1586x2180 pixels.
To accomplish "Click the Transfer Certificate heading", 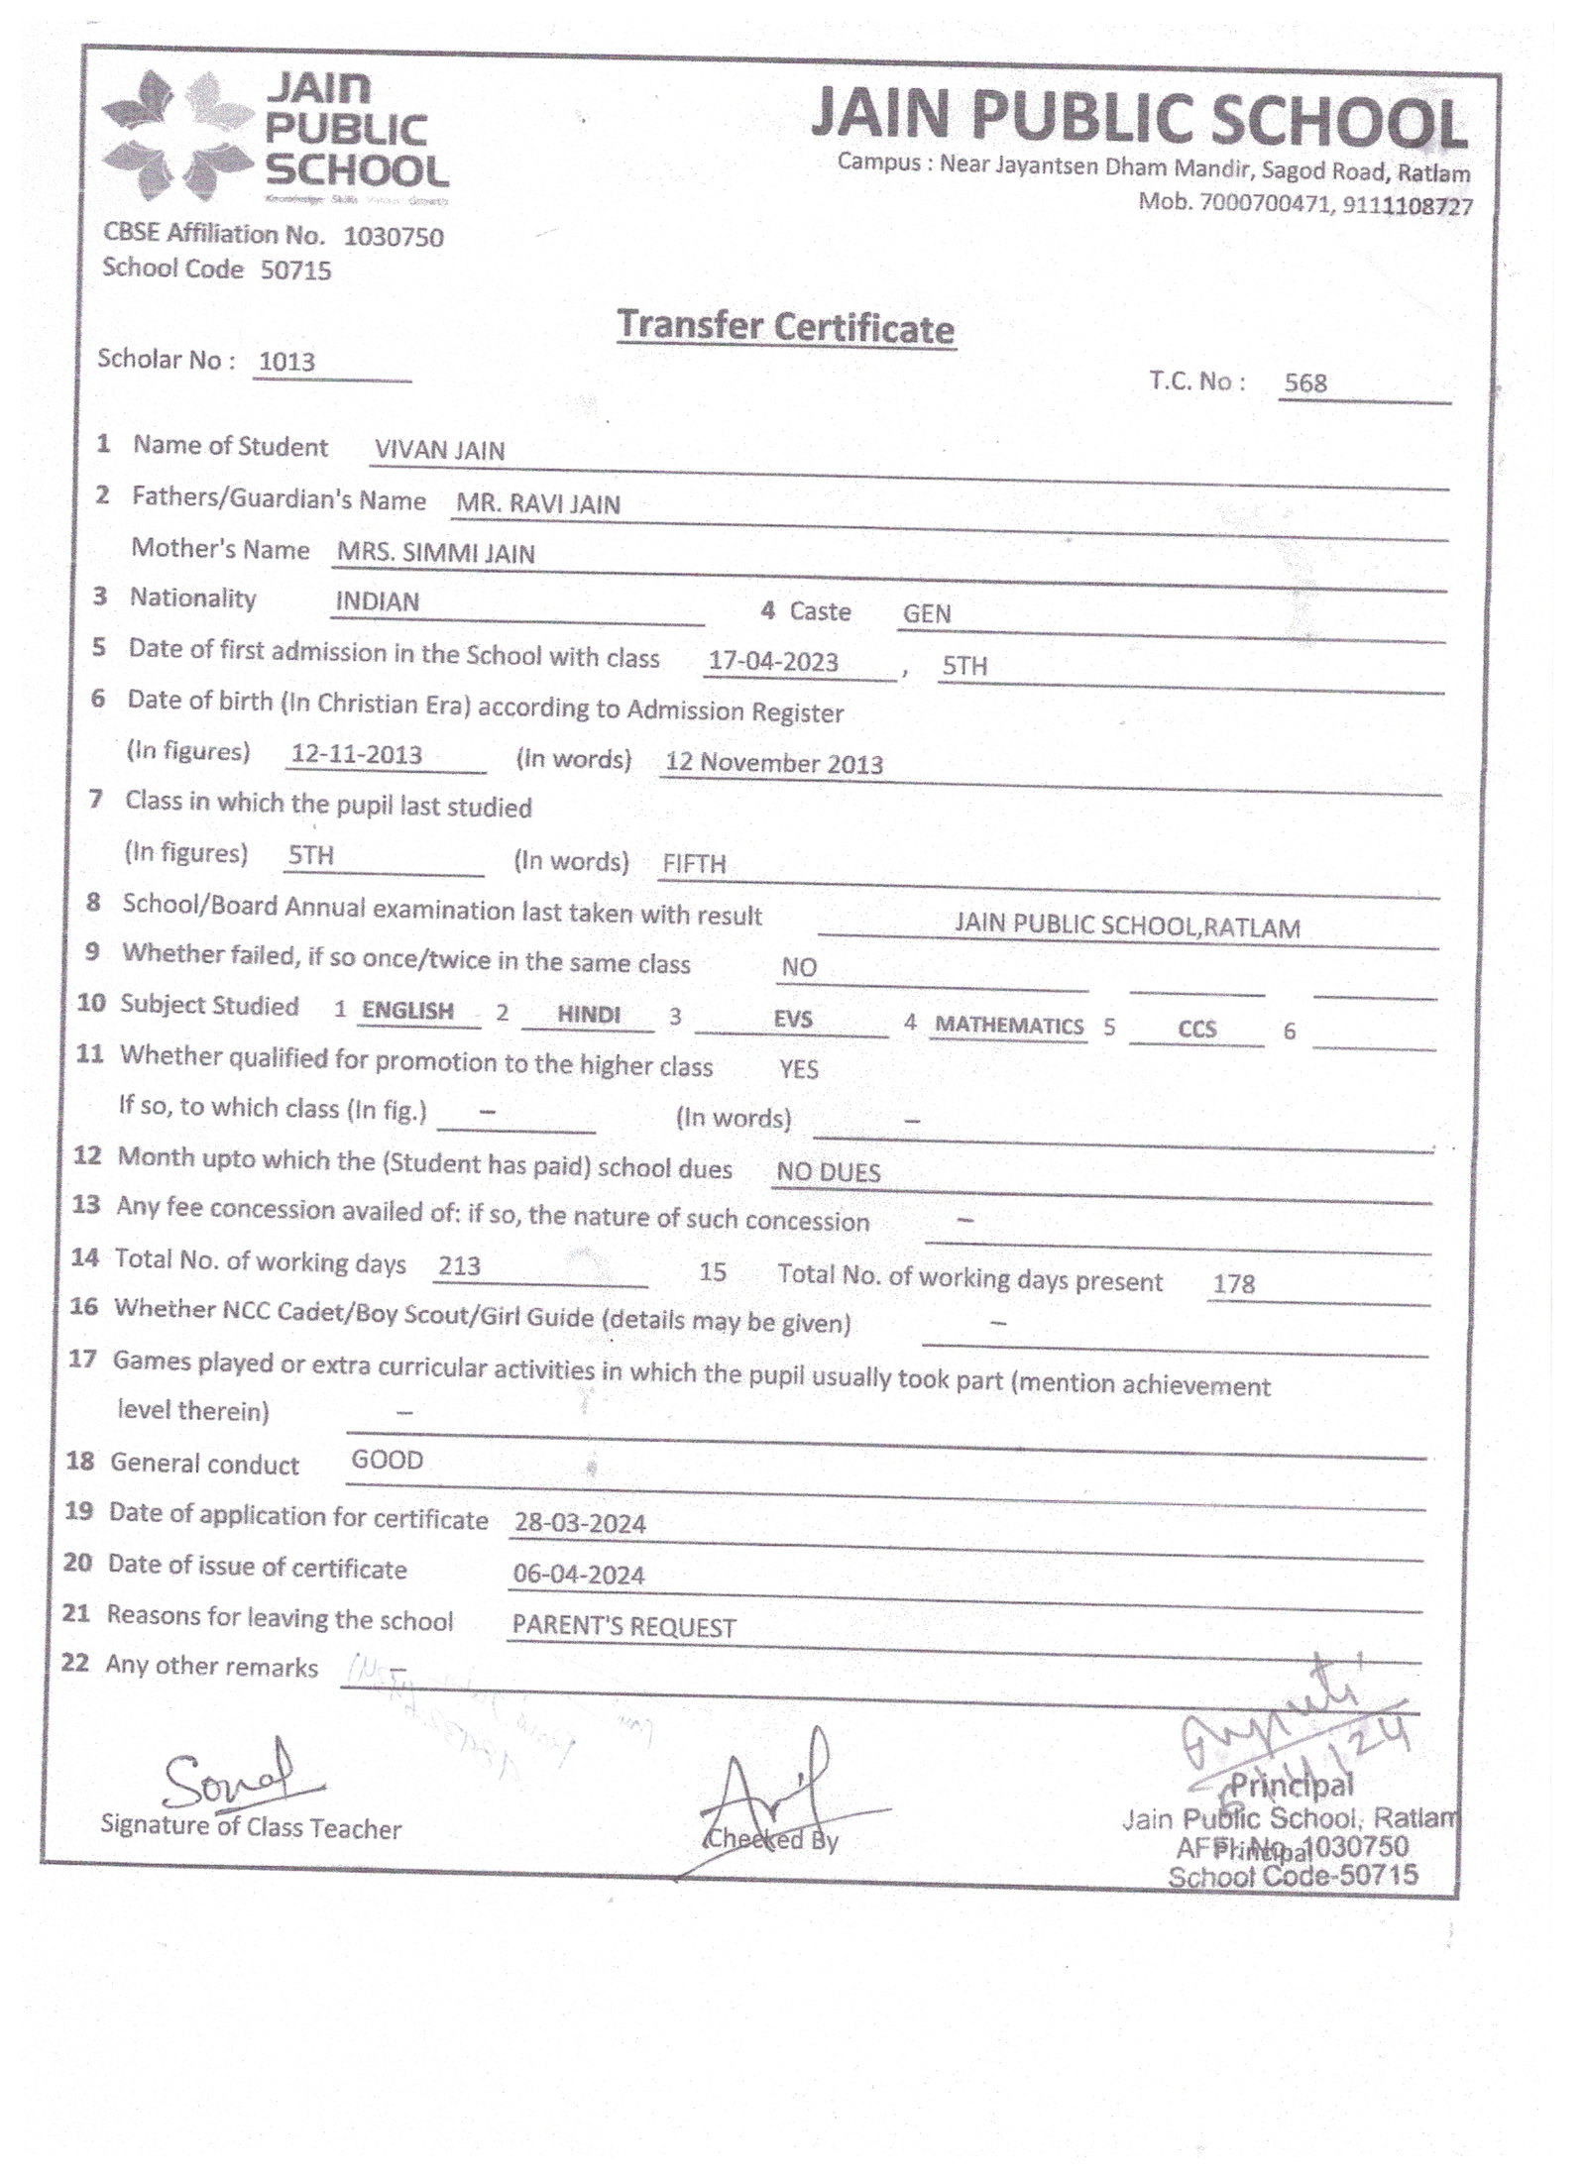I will click(785, 326).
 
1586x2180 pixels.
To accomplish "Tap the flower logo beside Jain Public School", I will click(175, 134).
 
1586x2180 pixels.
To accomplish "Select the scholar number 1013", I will click(286, 362).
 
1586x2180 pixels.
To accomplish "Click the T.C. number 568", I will click(1304, 382).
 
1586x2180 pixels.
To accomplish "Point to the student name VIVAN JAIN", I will click(439, 450).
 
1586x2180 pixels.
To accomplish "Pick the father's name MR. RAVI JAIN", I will click(538, 503).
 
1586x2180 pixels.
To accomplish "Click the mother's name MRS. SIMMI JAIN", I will click(435, 553).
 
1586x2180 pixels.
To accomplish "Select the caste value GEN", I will click(927, 613).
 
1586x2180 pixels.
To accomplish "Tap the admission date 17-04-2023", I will click(773, 661).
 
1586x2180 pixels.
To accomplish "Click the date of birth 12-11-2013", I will click(357, 754).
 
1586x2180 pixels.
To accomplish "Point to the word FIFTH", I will click(694, 863).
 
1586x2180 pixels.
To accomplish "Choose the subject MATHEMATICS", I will click(1009, 1026).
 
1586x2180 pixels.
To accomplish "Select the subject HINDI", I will click(589, 1015).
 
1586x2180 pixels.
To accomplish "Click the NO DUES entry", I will click(828, 1172).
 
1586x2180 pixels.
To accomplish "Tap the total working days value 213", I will click(459, 1265).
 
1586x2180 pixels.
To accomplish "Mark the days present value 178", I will click(1233, 1284).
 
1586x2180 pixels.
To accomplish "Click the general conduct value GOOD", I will click(387, 1460).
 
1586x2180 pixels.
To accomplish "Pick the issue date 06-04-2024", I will click(579, 1575).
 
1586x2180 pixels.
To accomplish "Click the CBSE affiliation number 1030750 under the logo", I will click(394, 237).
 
